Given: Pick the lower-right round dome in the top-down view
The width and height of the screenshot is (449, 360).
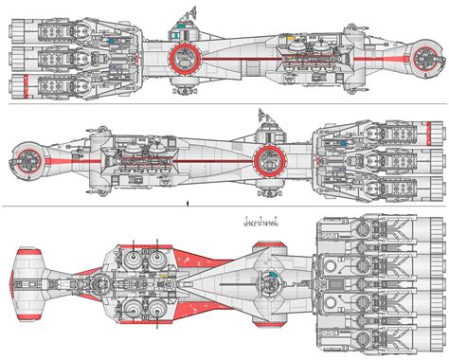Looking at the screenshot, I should pyautogui.click(x=153, y=311).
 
